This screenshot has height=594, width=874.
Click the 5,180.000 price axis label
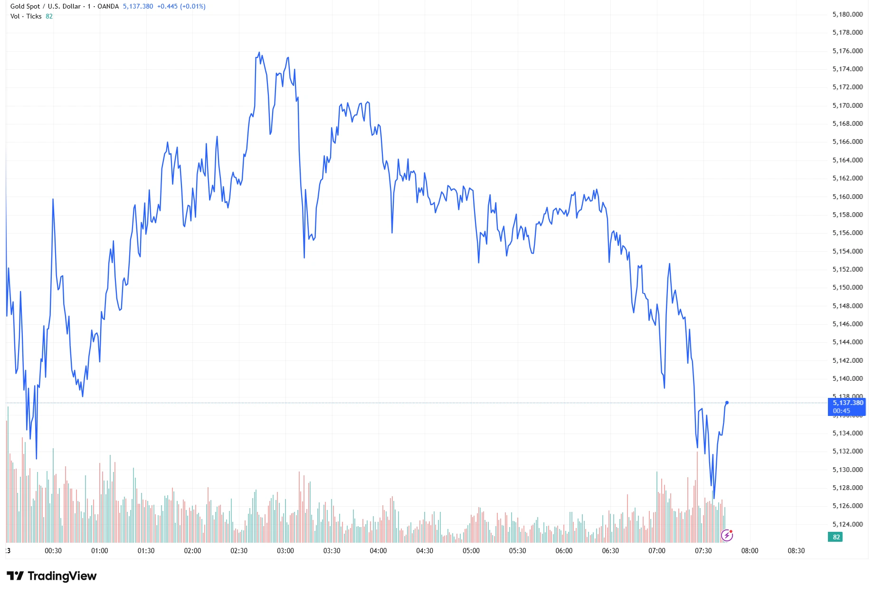tap(847, 14)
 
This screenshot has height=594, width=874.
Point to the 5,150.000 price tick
tap(847, 287)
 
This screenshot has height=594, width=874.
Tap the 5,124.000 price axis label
tap(847, 524)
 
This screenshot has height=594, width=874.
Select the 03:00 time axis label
tap(285, 551)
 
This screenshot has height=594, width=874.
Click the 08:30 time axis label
tap(796, 551)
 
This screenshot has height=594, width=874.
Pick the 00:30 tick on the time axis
tap(53, 551)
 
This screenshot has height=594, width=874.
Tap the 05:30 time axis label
tap(517, 551)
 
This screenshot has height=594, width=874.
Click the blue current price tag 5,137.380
tap(847, 403)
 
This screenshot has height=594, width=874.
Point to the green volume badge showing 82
tap(836, 537)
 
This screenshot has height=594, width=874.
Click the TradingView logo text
tap(62, 576)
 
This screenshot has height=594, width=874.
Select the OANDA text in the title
tap(108, 7)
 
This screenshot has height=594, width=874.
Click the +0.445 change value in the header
tap(167, 7)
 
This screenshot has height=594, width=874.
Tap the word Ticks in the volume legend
tap(34, 16)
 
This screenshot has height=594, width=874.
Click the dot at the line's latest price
tap(727, 403)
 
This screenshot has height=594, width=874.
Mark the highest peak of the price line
tap(259, 52)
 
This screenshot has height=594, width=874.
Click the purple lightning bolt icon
tap(727, 536)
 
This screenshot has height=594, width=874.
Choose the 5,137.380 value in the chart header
tap(138, 7)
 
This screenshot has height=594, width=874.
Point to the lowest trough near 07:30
tap(713, 498)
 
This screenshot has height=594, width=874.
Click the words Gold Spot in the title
tap(25, 7)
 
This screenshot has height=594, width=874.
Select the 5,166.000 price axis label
tap(847, 141)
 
